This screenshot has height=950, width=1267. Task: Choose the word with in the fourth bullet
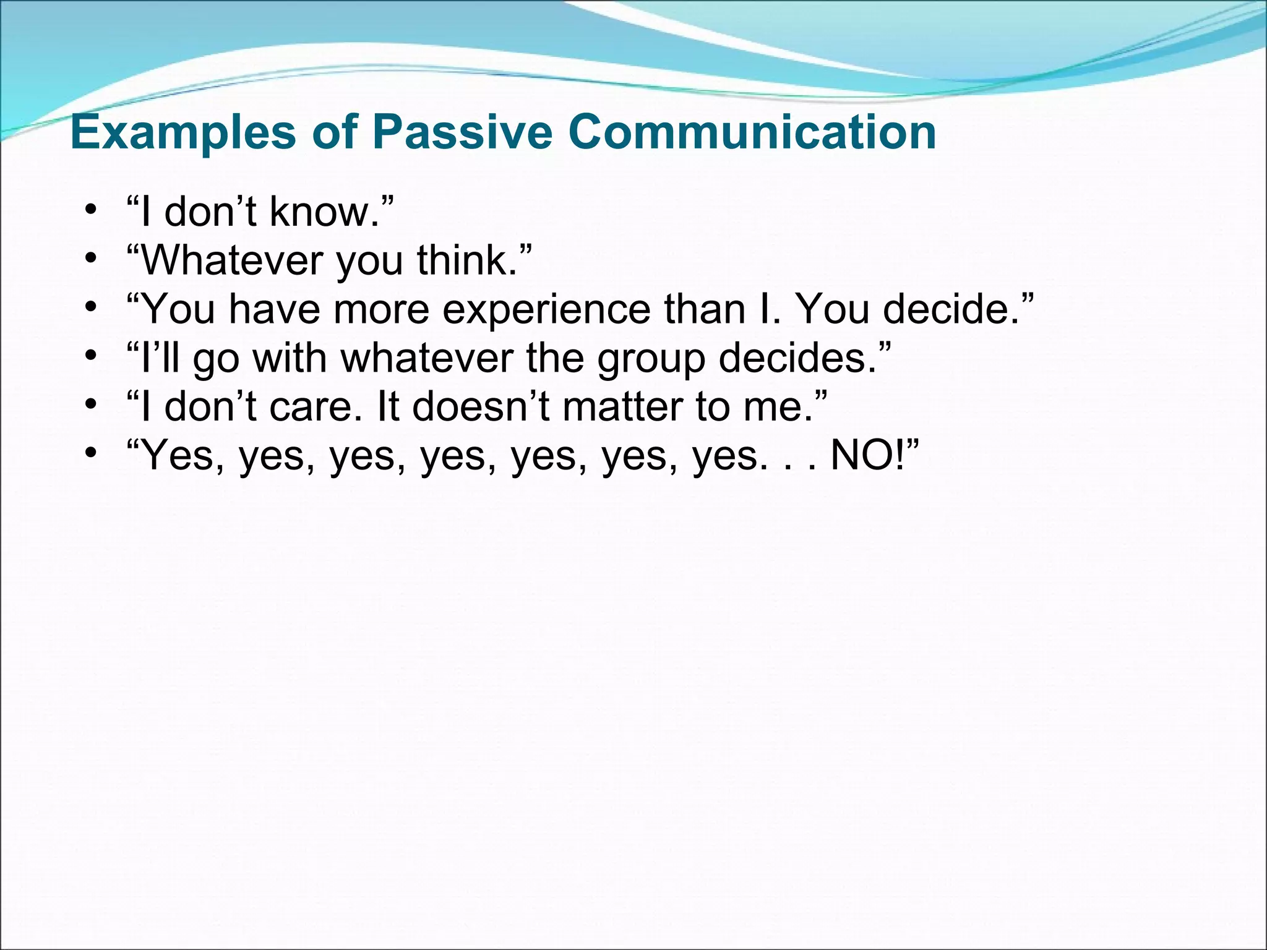[290, 358]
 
